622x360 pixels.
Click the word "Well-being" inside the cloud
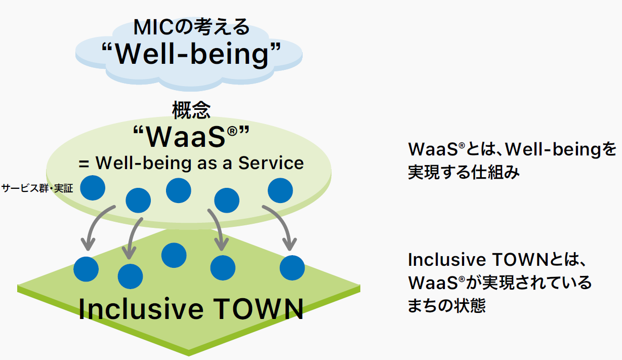click(x=191, y=54)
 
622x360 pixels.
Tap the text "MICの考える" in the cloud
click(x=191, y=27)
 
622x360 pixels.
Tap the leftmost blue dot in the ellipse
click(x=93, y=187)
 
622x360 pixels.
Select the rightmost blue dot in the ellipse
click(x=280, y=190)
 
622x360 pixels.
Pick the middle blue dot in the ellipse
click(x=179, y=191)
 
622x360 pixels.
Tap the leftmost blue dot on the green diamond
click(x=86, y=269)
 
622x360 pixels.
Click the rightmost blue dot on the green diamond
click(x=292, y=268)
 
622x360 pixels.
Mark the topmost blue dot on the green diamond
click(x=174, y=255)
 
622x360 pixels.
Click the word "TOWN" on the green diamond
click(x=257, y=308)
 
